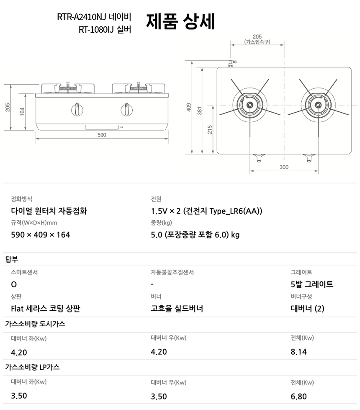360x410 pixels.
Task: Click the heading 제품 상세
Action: coord(180,21)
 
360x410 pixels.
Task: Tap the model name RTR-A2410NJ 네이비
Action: coord(94,17)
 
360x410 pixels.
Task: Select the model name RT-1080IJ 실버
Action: coord(105,29)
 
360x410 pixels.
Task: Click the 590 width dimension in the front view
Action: coord(102,135)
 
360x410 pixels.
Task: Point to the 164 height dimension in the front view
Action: coord(22,112)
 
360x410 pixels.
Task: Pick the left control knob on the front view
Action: coord(77,109)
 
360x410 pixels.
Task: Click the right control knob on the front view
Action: coord(126,109)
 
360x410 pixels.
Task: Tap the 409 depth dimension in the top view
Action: coord(189,107)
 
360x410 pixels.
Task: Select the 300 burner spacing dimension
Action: coord(284,167)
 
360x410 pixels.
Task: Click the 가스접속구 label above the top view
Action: coord(257,42)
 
